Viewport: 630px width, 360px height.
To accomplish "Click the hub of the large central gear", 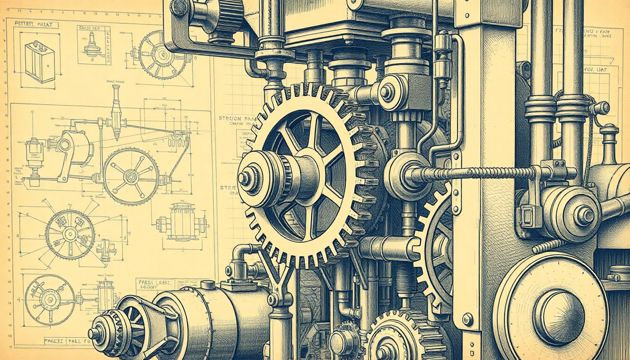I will point(247,178).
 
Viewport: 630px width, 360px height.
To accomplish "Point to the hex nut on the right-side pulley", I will point(585,215).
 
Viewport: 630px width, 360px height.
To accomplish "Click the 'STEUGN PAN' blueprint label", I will point(236,119).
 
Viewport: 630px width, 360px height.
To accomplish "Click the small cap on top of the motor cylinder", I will point(207,285).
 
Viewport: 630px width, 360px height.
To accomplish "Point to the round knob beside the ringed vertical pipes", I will point(601,108).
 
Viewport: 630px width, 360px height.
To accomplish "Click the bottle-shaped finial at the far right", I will point(609,143).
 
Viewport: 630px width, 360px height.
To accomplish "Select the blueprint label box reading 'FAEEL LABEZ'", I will point(154,285).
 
